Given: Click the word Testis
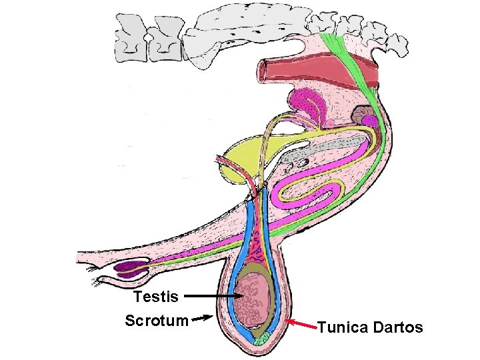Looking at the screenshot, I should [155, 296].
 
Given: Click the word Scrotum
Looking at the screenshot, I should [157, 321].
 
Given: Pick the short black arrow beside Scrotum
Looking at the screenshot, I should [202, 319].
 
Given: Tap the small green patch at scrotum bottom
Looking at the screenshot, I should [262, 339].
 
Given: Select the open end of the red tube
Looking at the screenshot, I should [265, 68].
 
